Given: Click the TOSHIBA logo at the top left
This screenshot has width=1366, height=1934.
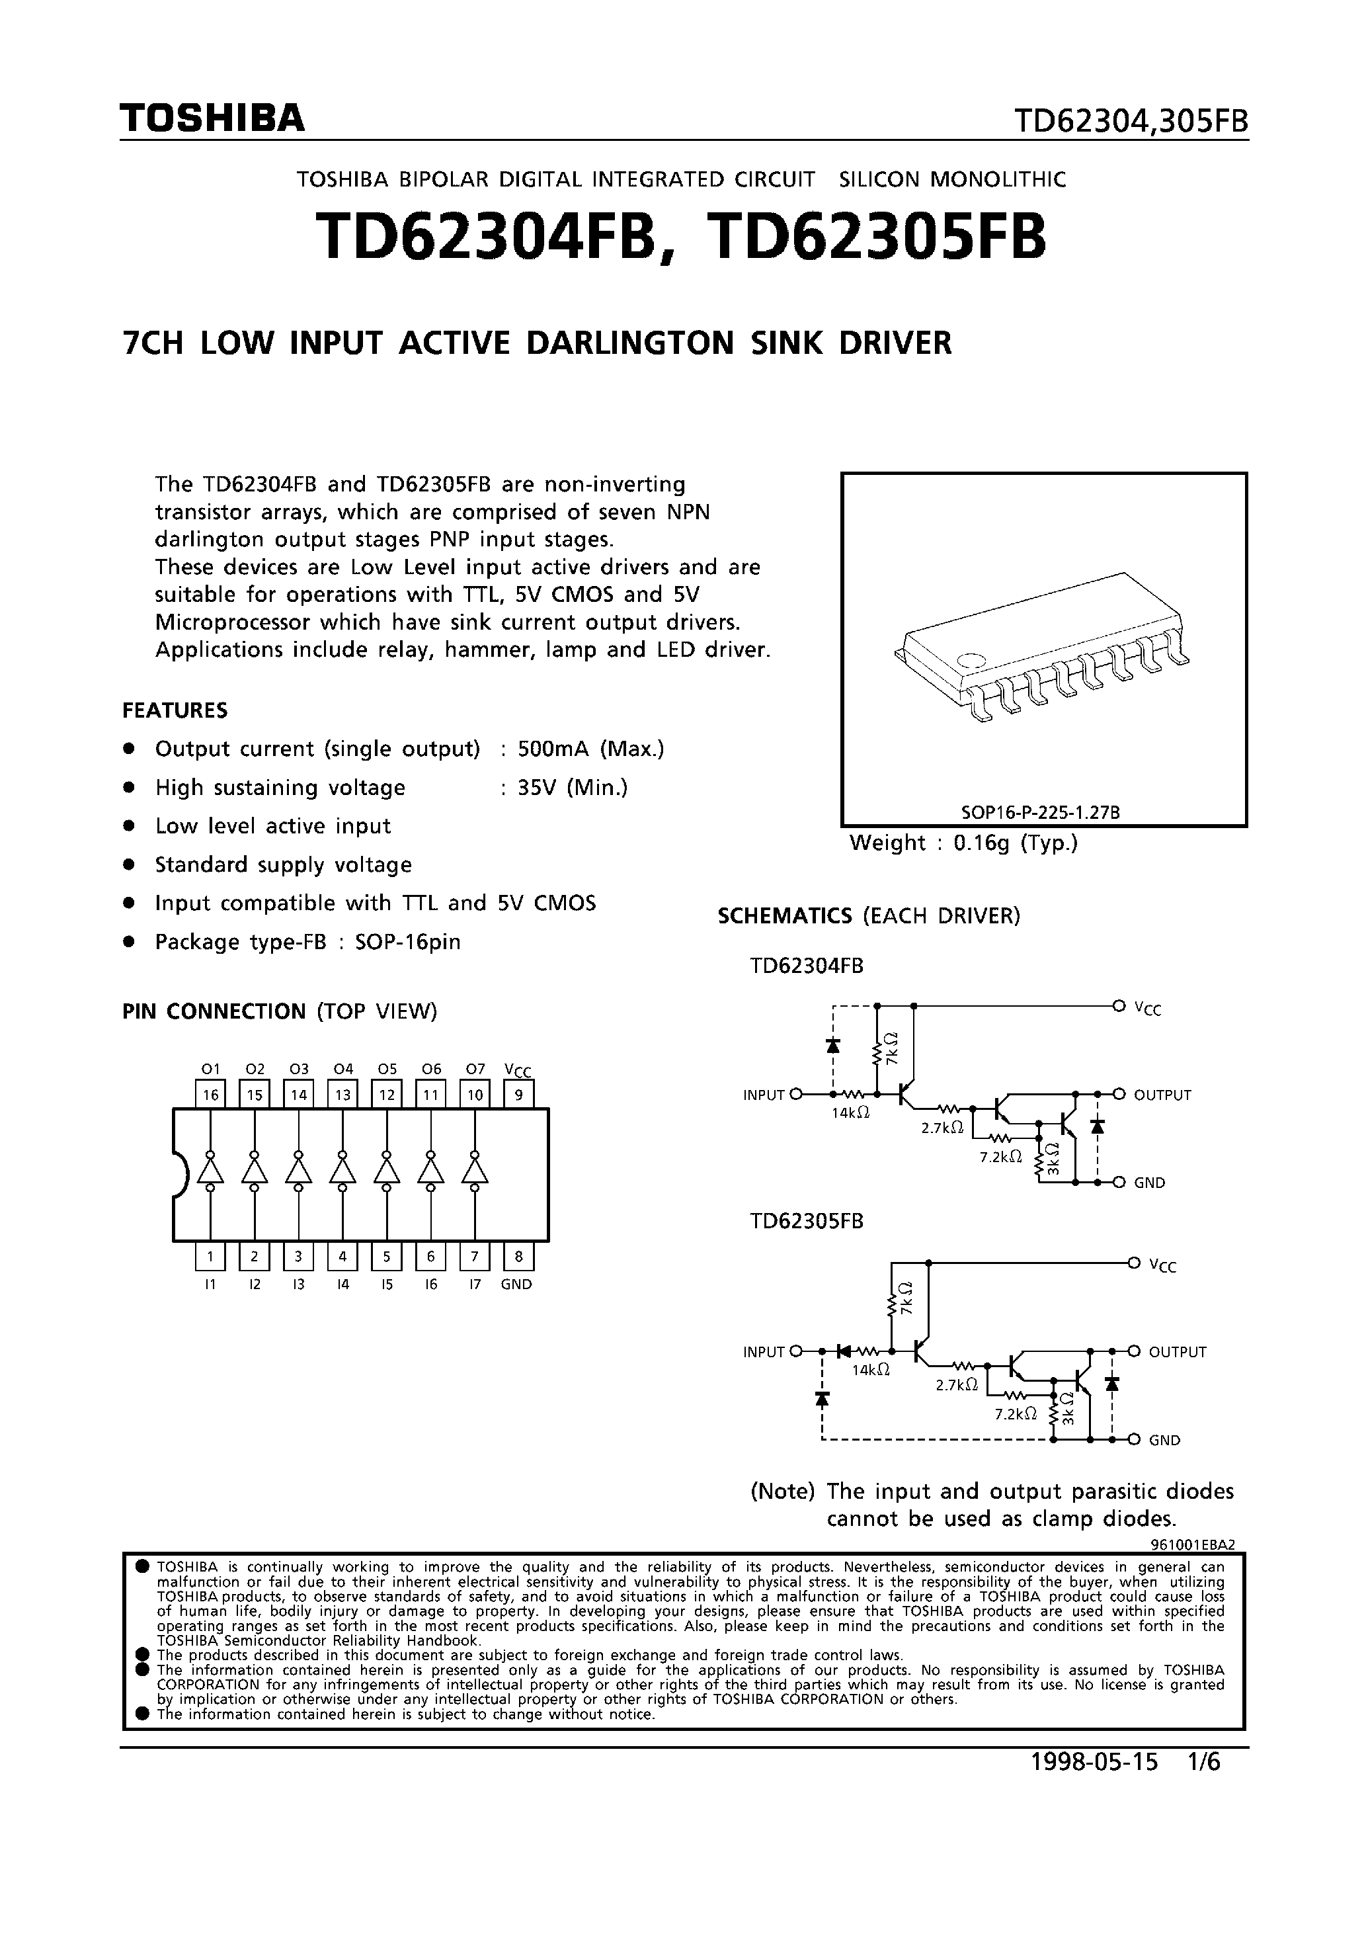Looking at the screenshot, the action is pyautogui.click(x=212, y=119).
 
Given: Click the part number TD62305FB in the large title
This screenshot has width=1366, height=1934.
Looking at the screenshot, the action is pyautogui.click(x=879, y=236).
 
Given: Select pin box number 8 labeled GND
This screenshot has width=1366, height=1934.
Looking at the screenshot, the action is pyautogui.click(x=518, y=1257).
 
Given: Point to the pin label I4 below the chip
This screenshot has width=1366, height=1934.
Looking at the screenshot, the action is pyautogui.click(x=342, y=1284).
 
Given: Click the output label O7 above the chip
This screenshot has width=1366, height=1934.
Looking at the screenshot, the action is pyautogui.click(x=475, y=1069).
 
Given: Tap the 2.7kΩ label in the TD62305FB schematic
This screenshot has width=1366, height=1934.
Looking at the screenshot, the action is pyautogui.click(x=956, y=1384).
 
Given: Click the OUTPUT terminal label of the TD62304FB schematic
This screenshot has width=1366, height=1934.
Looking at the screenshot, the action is pyautogui.click(x=1162, y=1095).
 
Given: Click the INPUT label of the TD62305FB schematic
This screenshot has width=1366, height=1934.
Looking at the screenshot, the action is pyautogui.click(x=763, y=1352).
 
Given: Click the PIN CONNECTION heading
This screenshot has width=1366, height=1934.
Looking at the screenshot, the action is pyautogui.click(x=214, y=1011).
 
